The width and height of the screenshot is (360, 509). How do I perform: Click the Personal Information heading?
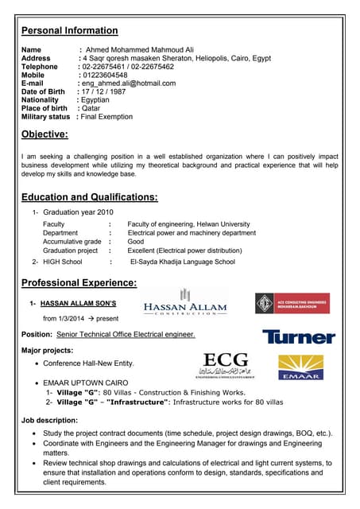69,31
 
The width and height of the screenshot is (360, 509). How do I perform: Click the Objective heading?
45,134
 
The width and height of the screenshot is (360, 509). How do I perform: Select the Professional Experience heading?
79,282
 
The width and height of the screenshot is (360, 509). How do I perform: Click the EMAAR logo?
300,367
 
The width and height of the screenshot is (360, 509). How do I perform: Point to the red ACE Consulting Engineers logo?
292,304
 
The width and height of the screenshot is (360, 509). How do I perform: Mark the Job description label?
49,420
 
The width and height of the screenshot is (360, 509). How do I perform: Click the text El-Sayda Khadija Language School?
182,261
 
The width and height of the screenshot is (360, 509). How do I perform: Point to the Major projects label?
48,350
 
